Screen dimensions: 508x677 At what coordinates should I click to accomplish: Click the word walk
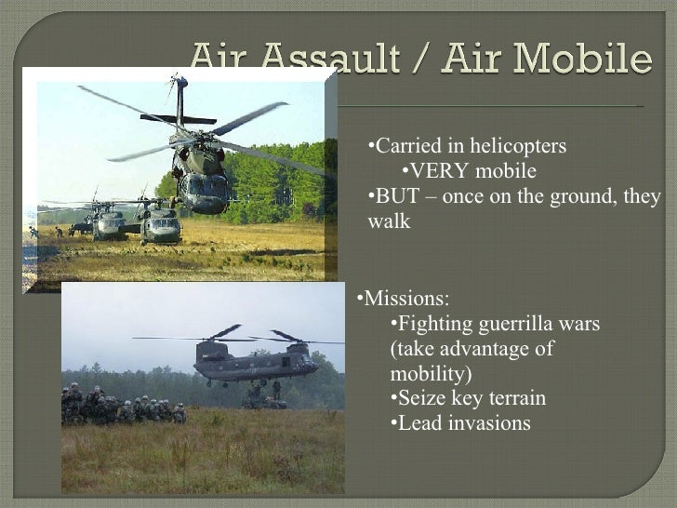[389, 221]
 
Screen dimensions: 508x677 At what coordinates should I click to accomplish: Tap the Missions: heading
[405, 299]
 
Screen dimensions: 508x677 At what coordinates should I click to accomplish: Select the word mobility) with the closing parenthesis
[431, 374]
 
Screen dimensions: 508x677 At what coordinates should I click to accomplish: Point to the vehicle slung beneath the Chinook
[264, 399]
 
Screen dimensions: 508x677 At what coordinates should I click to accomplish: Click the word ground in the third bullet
[581, 196]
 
